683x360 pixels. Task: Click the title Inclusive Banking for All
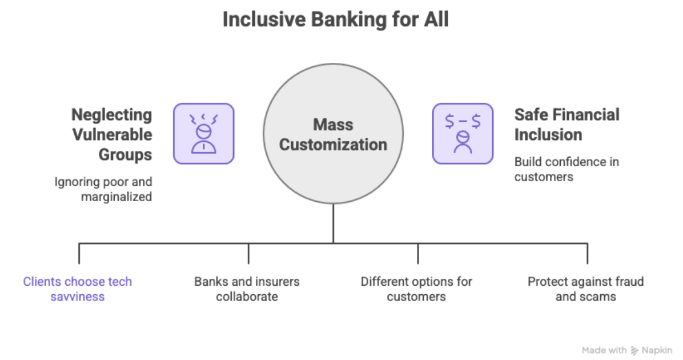(x=335, y=19)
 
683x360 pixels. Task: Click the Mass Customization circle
(x=333, y=134)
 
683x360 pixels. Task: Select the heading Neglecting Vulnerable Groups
(x=111, y=134)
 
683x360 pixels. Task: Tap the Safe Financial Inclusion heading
(x=567, y=125)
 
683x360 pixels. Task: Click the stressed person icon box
(x=203, y=133)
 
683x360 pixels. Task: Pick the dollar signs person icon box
(x=462, y=133)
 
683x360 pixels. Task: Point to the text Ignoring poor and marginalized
(x=103, y=189)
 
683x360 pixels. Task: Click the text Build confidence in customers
(x=566, y=169)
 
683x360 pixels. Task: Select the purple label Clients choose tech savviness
(x=77, y=289)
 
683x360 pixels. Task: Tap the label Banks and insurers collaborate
(x=247, y=289)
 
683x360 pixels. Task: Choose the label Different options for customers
(x=416, y=289)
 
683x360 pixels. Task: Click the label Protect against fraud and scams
(x=585, y=289)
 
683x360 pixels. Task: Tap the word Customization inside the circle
(x=333, y=145)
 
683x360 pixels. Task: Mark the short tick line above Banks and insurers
(x=248, y=253)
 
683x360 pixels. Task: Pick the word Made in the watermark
(x=592, y=350)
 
